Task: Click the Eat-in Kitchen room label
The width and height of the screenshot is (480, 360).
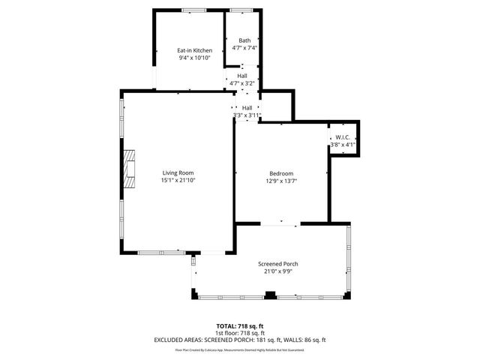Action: click(189, 50)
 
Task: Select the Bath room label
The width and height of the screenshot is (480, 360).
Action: click(244, 40)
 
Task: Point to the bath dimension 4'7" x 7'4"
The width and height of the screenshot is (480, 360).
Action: click(244, 48)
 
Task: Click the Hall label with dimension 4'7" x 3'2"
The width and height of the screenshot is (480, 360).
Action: click(243, 76)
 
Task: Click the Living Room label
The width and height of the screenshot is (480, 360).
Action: click(178, 173)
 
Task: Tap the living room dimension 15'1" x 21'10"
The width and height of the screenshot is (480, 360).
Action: click(178, 181)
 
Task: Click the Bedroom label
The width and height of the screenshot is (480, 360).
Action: click(281, 173)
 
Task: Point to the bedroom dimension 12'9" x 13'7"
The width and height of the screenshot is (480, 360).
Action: click(281, 181)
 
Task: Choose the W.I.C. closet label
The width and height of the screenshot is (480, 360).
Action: click(343, 137)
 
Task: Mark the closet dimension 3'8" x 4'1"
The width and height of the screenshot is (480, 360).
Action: click(343, 145)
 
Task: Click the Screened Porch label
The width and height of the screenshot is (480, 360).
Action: click(278, 264)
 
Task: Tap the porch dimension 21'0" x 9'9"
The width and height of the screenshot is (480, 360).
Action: click(278, 271)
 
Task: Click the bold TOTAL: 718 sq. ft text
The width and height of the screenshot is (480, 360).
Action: click(239, 325)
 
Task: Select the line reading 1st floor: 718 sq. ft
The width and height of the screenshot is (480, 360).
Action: click(239, 332)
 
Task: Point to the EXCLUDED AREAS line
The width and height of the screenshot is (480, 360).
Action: click(239, 339)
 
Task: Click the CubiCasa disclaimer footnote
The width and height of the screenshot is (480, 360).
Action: click(239, 349)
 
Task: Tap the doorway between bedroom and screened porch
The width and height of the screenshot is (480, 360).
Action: click(279, 223)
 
